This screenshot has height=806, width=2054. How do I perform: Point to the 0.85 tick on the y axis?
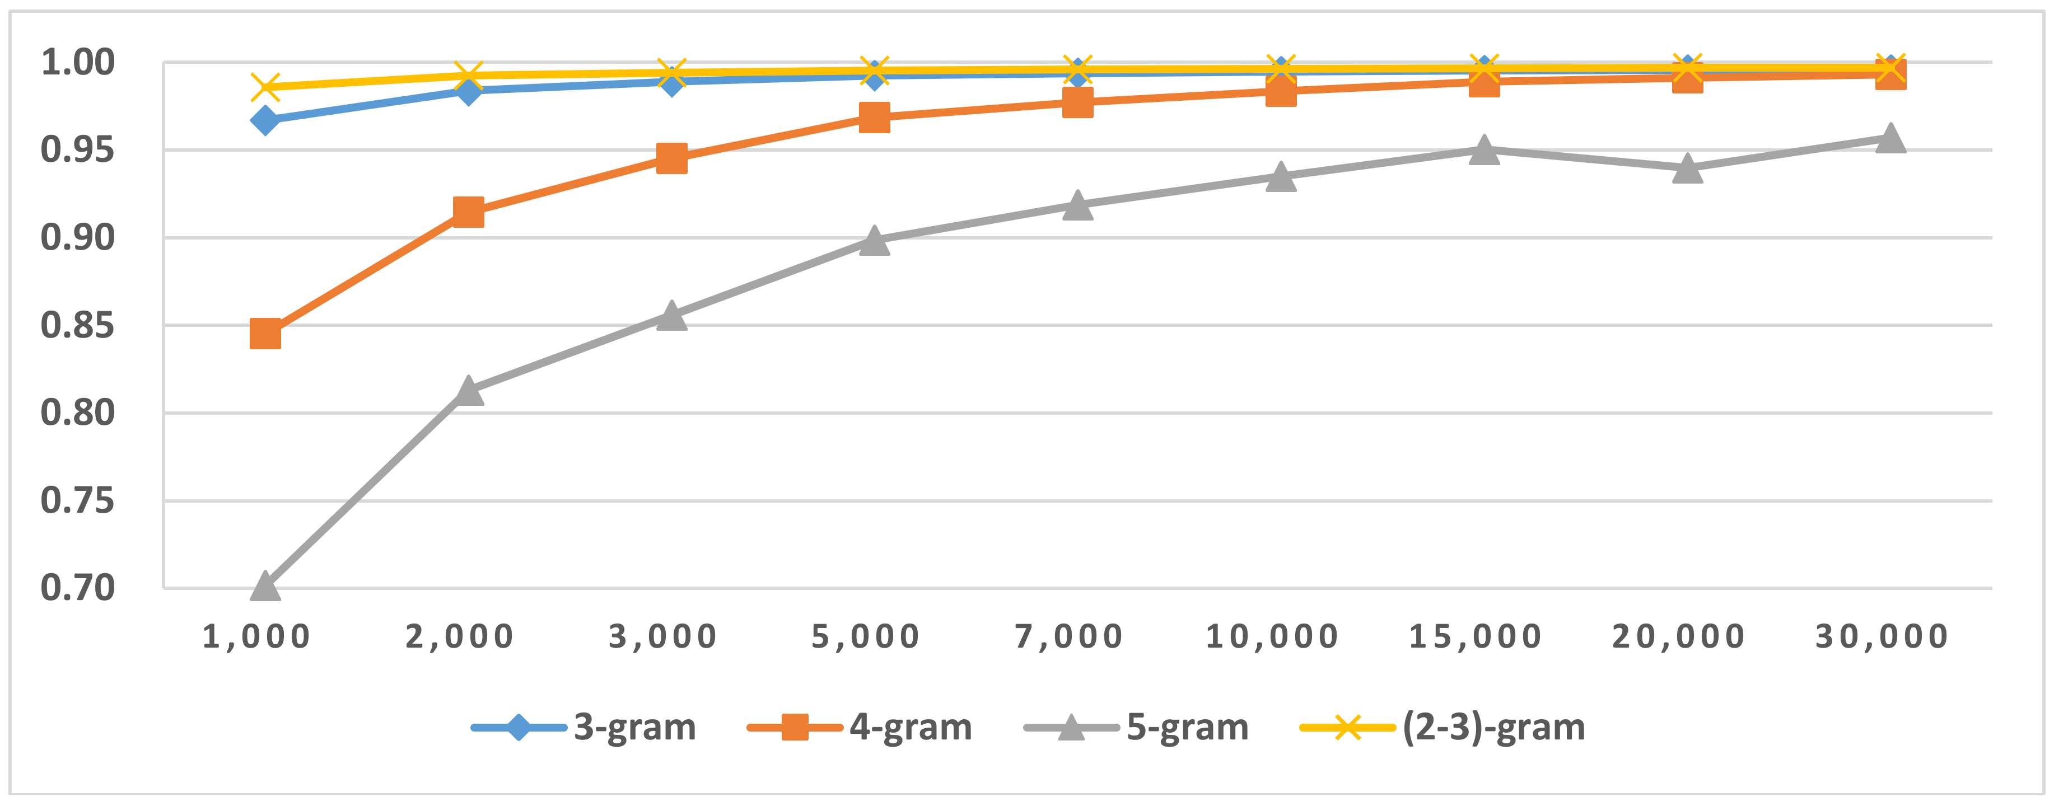point(77,325)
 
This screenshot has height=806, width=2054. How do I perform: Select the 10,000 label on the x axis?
point(1272,636)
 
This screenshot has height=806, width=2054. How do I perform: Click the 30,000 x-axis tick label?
point(1882,636)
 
